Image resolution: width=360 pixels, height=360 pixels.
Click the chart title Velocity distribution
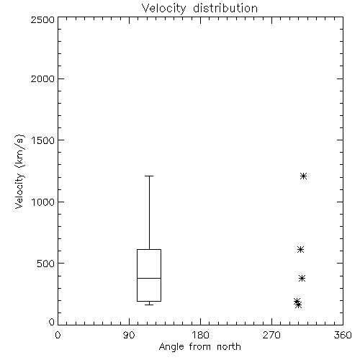tap(199, 9)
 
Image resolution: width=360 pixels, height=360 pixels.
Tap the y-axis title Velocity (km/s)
tap(19, 171)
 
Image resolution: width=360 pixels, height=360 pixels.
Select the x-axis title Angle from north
tap(199, 347)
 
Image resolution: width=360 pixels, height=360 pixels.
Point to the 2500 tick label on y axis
tap(42, 19)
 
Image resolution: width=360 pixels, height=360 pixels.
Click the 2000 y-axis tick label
tap(42, 78)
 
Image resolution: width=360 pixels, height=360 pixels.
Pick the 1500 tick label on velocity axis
tap(43, 140)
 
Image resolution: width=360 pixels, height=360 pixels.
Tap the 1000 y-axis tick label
tap(43, 202)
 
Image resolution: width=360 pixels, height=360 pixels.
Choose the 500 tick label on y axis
tap(46, 264)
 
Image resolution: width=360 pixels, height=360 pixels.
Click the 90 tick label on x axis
tap(129, 335)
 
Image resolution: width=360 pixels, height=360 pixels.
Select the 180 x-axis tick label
tap(200, 335)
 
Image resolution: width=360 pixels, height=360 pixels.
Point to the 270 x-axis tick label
tap(271, 335)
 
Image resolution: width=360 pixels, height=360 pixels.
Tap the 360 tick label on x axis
tap(343, 335)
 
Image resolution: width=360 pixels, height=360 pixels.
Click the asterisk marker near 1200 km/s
tap(304, 176)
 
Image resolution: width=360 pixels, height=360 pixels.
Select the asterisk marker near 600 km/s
tap(300, 250)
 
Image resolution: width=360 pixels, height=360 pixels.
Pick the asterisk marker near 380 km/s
tap(302, 279)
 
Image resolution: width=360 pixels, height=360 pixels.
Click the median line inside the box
tap(149, 278)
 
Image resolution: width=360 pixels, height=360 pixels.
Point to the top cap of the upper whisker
tap(149, 176)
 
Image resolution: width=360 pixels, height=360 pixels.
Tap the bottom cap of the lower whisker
tap(149, 305)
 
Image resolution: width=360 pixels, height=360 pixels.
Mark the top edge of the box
tap(149, 250)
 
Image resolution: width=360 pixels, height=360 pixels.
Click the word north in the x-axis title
tap(229, 347)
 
